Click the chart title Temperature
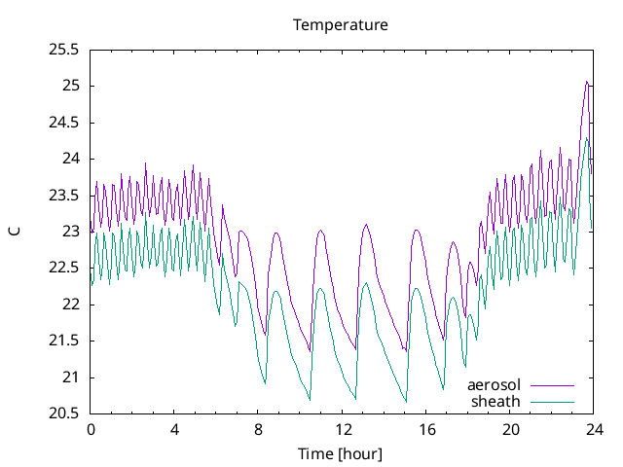(341, 24)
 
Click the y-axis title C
(14, 232)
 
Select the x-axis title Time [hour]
(341, 453)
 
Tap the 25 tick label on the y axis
(70, 86)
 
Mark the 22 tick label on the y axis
(70, 305)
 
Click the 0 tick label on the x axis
(91, 429)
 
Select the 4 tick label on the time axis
(174, 429)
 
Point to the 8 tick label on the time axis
(258, 429)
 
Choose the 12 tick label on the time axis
(343, 429)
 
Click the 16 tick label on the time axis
(426, 429)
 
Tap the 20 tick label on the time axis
(510, 429)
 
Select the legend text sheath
(496, 401)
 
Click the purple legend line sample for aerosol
(551, 385)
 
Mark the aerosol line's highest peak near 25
(587, 82)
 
